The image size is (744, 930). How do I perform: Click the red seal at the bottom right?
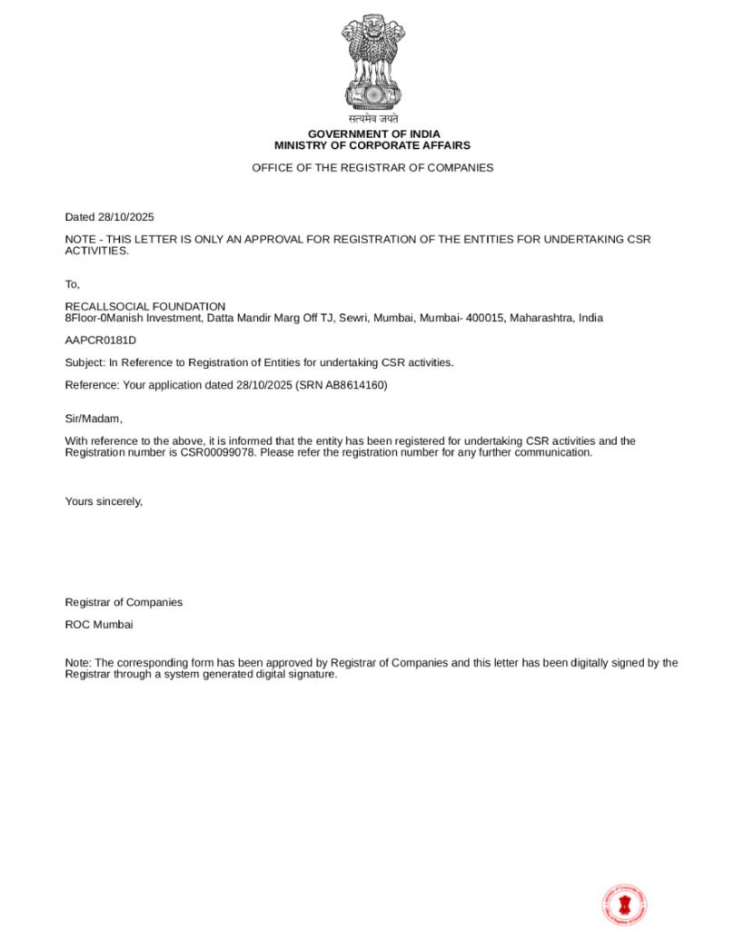[x=624, y=905]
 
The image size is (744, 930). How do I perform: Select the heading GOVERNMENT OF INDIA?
[x=372, y=134]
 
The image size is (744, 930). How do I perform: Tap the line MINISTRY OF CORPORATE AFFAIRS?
[x=372, y=145]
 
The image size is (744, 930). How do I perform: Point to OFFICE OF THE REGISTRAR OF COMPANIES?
[x=372, y=168]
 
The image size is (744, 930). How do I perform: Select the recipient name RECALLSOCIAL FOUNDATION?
[x=145, y=307]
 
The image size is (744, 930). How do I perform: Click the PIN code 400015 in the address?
[x=485, y=318]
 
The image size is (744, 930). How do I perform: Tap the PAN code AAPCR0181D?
[x=101, y=341]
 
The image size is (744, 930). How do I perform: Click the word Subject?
[x=84, y=362]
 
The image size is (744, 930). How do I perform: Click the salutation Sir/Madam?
[x=94, y=419]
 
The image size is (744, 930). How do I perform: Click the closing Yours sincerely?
[x=104, y=501]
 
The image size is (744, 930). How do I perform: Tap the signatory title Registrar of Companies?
[x=124, y=602]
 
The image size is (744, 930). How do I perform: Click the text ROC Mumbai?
[x=99, y=625]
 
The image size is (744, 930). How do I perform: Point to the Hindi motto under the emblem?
[x=372, y=119]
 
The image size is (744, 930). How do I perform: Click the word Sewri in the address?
[x=353, y=318]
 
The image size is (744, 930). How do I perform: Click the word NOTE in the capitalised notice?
[x=80, y=240]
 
